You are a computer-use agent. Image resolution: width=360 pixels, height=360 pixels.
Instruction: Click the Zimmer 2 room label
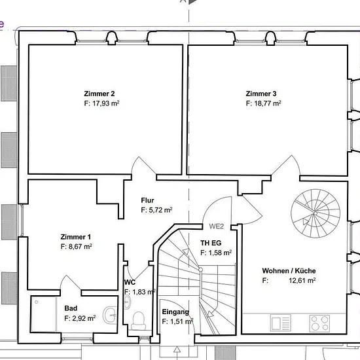99,94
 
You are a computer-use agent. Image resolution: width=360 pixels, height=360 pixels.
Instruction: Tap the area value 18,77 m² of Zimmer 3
268,103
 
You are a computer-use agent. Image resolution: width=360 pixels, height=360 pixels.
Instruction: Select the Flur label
147,200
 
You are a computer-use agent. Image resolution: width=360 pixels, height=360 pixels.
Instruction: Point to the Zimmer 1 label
75,237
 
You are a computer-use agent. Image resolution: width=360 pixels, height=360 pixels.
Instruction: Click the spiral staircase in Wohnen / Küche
315,213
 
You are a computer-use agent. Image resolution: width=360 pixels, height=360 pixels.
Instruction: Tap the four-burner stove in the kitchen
319,323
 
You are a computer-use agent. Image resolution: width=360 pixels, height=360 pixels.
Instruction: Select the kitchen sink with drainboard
281,323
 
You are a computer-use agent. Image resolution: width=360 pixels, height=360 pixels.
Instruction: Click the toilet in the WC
139,321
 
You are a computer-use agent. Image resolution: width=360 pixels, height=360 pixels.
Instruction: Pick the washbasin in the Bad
109,315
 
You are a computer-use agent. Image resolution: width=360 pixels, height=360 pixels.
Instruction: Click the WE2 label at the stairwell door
216,226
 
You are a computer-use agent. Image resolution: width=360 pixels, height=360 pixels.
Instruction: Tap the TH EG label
211,243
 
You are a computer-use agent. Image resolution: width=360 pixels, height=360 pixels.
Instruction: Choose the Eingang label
175,312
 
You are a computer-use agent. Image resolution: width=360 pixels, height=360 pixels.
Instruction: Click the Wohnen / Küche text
289,271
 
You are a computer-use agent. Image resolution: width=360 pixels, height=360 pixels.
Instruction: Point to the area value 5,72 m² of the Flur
161,210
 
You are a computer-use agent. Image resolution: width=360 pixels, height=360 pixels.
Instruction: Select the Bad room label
71,308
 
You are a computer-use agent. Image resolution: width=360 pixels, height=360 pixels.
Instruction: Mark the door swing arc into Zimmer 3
297,163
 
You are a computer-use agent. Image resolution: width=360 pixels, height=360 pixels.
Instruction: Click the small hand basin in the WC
127,302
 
